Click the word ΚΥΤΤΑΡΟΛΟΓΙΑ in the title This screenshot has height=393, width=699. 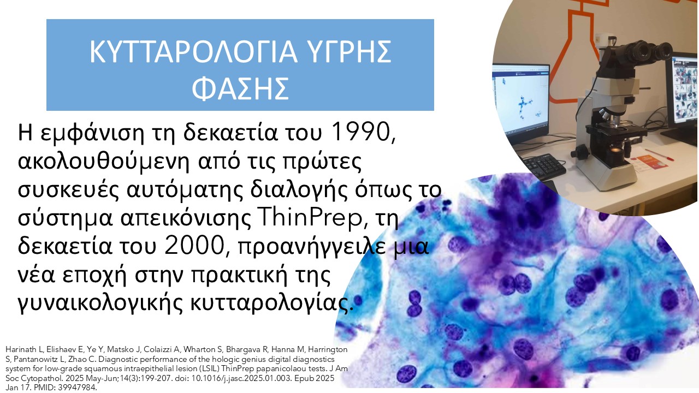(194, 52)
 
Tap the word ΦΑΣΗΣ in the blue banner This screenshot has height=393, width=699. (240, 89)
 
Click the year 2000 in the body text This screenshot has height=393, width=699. (194, 246)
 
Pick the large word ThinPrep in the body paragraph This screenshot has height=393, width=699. (309, 218)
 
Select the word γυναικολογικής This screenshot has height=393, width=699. (100, 303)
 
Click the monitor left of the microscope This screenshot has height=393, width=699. (520, 100)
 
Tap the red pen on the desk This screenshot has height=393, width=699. (659, 155)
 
